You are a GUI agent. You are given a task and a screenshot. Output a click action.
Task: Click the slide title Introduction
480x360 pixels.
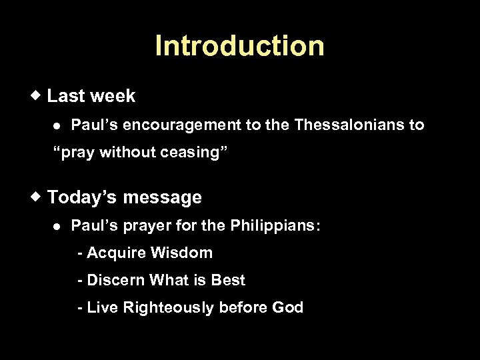(x=239, y=45)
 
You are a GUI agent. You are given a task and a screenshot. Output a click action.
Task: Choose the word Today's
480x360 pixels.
(x=81, y=197)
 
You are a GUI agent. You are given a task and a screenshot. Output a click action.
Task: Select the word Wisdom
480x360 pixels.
(x=183, y=253)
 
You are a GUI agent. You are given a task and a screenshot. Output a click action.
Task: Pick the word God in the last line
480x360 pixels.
(x=288, y=307)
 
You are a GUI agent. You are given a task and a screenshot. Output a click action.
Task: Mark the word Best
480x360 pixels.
(x=229, y=281)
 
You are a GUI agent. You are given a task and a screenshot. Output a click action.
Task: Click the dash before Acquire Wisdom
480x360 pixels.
(x=80, y=253)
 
